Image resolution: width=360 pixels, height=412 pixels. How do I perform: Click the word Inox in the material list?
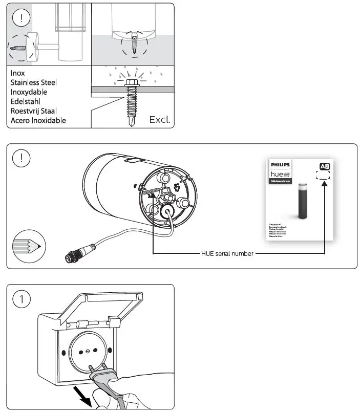pyautogui.click(x=18, y=73)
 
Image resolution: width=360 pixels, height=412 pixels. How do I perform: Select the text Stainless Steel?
pyautogui.click(x=34, y=82)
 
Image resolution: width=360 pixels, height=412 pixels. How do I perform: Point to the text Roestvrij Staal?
pyautogui.click(x=34, y=111)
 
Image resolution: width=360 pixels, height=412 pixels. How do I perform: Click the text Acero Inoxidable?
pyautogui.click(x=38, y=121)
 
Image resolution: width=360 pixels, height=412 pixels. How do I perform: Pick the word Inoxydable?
pyautogui.click(x=29, y=92)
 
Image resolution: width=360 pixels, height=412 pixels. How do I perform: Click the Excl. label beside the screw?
pyautogui.click(x=159, y=120)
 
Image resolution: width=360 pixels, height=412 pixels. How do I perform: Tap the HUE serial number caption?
pyautogui.click(x=227, y=253)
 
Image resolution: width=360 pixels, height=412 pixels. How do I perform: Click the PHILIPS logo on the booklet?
pyautogui.click(x=280, y=165)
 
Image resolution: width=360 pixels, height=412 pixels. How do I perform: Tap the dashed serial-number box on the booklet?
pyautogui.click(x=323, y=175)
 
